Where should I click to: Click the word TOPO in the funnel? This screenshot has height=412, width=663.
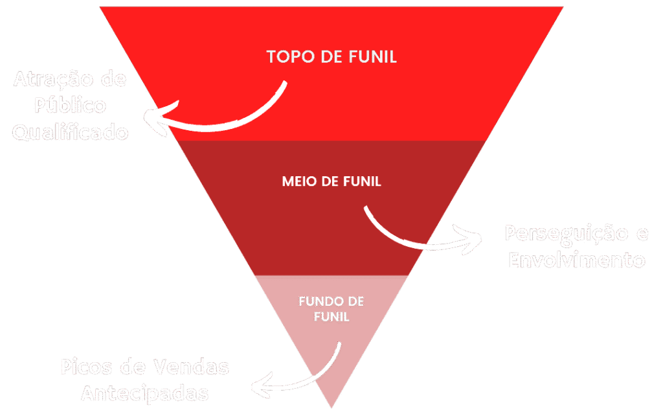pyautogui.click(x=289, y=56)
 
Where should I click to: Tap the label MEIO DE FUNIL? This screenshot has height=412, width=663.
pyautogui.click(x=331, y=181)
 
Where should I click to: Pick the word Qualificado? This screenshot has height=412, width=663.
pyautogui.click(x=70, y=133)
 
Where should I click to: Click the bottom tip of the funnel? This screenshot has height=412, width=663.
pyautogui.click(x=331, y=407)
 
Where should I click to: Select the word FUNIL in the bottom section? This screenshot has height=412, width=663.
pyautogui.click(x=331, y=317)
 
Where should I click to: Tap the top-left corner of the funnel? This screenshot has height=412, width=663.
pyautogui.click(x=100, y=7)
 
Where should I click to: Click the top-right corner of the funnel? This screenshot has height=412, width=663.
pyautogui.click(x=563, y=7)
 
